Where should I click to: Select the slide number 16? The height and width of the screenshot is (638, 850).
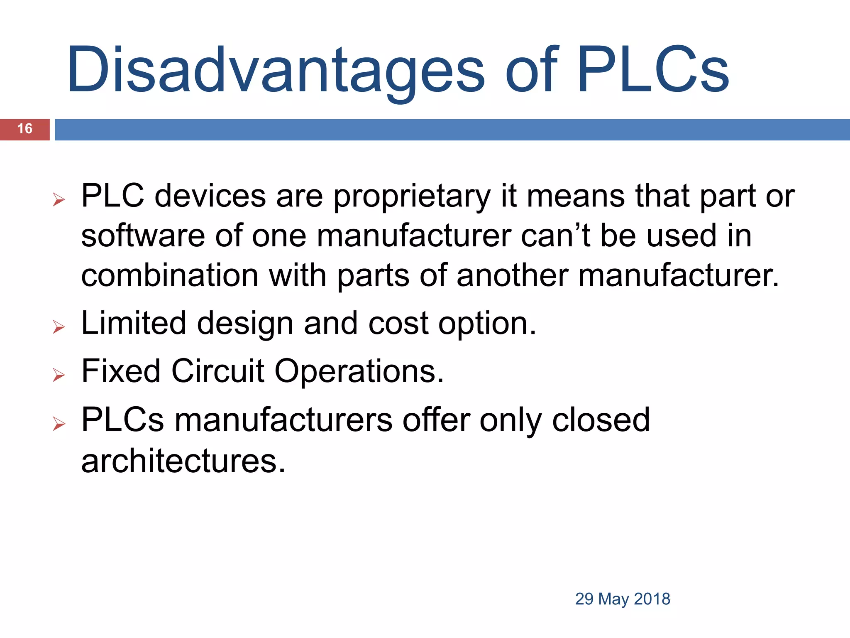pos(25,129)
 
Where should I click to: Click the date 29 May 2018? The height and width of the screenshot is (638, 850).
pos(623,599)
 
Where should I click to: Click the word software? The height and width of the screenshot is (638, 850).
pos(143,236)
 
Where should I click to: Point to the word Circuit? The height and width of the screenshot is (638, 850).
pos(217,371)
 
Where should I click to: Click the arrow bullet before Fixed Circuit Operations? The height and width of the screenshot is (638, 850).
pos(59,375)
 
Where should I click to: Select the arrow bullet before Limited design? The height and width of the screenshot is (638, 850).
pos(59,327)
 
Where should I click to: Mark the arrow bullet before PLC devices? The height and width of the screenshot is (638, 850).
pos(59,200)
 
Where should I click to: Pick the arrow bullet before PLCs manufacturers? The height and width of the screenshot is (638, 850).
pos(59,424)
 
